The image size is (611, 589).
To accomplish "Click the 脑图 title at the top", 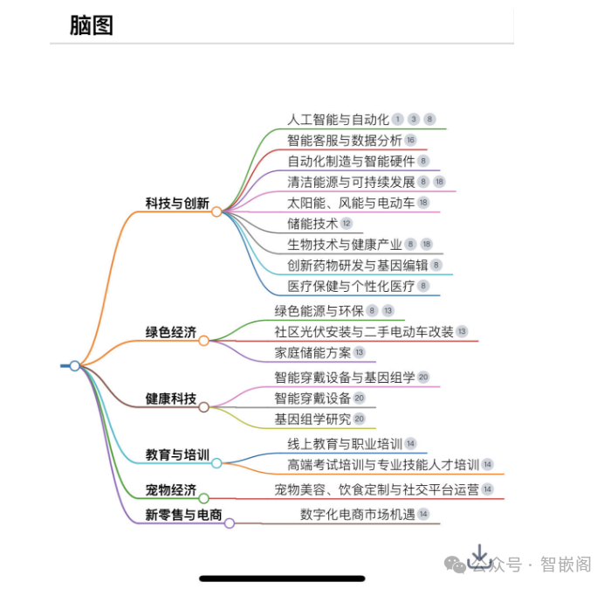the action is [x=92, y=25].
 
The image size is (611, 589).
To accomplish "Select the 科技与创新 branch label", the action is [x=177, y=204].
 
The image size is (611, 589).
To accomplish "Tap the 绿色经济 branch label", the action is [x=171, y=333].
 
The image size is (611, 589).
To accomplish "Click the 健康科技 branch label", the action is [x=171, y=398].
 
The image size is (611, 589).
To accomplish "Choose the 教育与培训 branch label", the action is [x=177, y=454].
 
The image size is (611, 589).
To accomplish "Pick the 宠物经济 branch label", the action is [x=171, y=489].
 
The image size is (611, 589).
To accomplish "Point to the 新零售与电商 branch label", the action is [x=183, y=515].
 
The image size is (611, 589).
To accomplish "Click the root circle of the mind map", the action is [x=75, y=365].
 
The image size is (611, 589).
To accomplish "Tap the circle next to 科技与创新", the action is [x=216, y=211].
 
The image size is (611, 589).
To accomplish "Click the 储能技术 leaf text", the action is [x=312, y=224].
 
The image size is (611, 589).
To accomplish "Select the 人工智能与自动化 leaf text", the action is [x=338, y=120].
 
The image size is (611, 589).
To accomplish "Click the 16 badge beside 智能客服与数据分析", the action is [x=410, y=140].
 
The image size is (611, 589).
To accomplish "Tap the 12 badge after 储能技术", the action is [x=346, y=224].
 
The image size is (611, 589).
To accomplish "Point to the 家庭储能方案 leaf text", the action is [x=312, y=352].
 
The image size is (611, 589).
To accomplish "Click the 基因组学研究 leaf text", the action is [x=312, y=419].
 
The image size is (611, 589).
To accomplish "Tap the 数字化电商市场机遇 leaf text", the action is [x=356, y=514].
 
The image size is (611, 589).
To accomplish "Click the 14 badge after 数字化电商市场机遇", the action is [x=423, y=514].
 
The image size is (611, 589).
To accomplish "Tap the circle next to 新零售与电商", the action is [x=230, y=523].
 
